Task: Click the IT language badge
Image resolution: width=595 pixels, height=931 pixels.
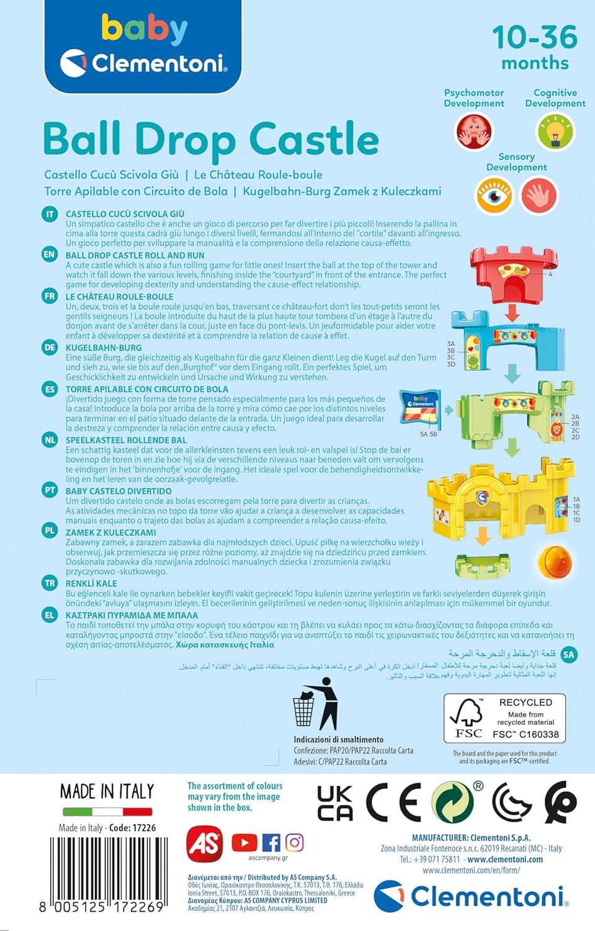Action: (x=50, y=214)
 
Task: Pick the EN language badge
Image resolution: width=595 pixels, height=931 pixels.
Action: (x=50, y=254)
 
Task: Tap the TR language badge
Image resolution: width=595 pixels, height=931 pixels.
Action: (x=50, y=583)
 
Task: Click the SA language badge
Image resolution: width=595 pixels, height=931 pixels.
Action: (x=568, y=654)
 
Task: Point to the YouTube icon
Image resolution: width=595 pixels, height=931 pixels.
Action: (x=244, y=842)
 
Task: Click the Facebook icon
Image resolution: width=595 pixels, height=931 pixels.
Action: (x=271, y=842)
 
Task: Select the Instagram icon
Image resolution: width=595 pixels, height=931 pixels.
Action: (x=295, y=842)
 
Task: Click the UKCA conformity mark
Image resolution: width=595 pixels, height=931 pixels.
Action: (x=335, y=803)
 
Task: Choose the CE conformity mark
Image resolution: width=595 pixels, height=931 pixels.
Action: (x=393, y=803)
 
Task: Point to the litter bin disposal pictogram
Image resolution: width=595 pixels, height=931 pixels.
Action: (x=315, y=704)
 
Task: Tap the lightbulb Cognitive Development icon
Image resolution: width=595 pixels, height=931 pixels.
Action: (x=555, y=132)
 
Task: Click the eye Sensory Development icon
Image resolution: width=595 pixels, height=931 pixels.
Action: (x=494, y=195)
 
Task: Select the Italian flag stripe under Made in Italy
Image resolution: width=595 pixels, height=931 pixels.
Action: (x=107, y=811)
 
